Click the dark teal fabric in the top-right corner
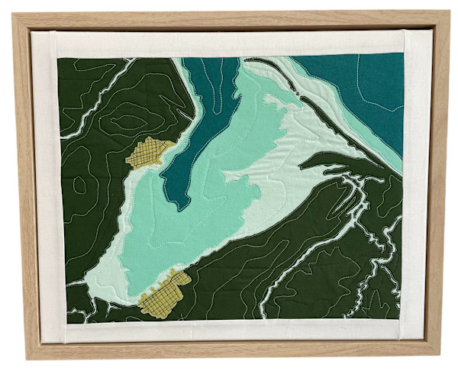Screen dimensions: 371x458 click(x=366, y=84)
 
